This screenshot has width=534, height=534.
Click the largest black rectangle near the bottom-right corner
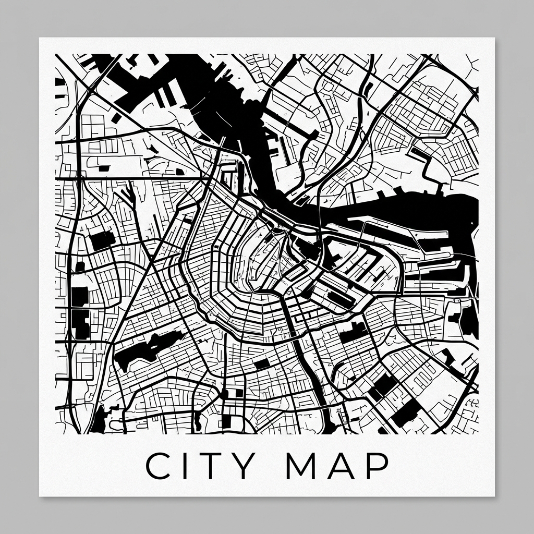(406, 412)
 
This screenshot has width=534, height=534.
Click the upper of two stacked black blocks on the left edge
(80, 296)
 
